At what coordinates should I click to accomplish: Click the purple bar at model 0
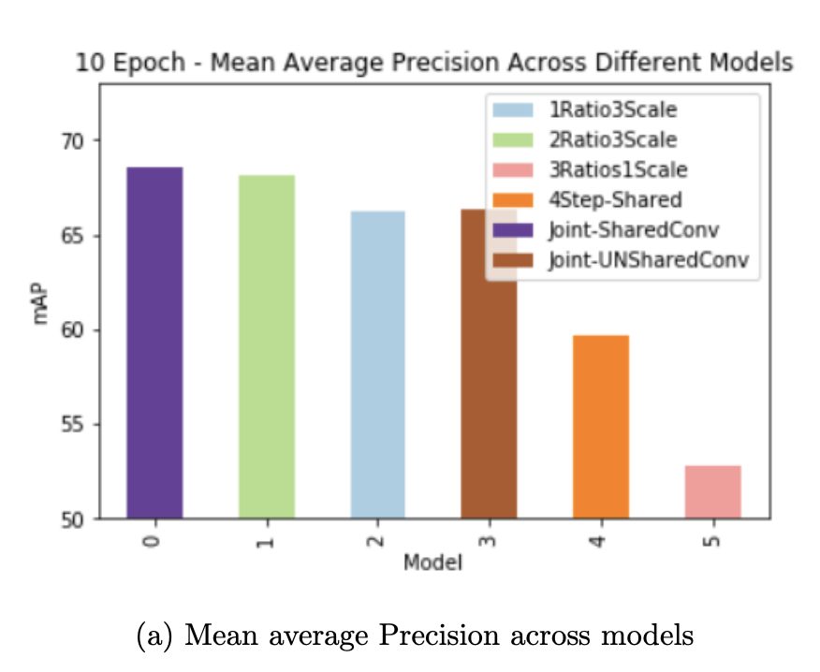pyautogui.click(x=154, y=343)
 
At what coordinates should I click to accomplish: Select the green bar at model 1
pyautogui.click(x=267, y=346)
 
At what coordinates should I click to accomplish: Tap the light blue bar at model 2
pyautogui.click(x=378, y=364)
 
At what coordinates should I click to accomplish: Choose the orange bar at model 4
pyautogui.click(x=600, y=426)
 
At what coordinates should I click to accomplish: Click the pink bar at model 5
pyautogui.click(x=712, y=491)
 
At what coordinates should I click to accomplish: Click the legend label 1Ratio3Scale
pyautogui.click(x=613, y=110)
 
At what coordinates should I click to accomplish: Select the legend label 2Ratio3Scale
pyautogui.click(x=613, y=139)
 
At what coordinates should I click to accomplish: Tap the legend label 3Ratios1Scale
pyautogui.click(x=619, y=169)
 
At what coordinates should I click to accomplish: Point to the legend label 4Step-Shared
pyautogui.click(x=616, y=199)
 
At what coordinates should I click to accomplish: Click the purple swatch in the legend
pyautogui.click(x=515, y=229)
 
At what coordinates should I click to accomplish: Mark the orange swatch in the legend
pyautogui.click(x=515, y=199)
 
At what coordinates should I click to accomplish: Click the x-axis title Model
pyautogui.click(x=432, y=563)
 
